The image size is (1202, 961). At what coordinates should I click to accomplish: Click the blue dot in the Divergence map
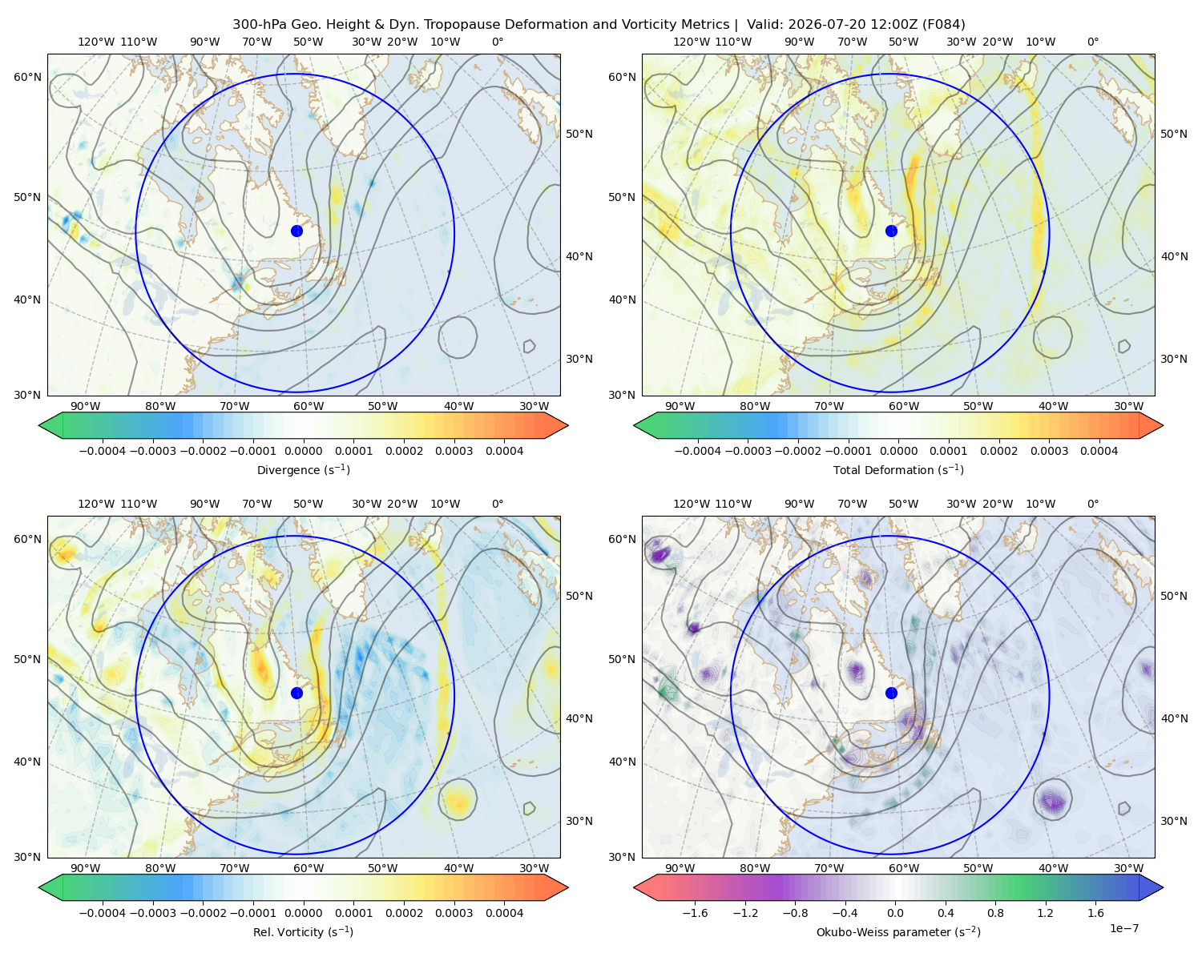point(296,231)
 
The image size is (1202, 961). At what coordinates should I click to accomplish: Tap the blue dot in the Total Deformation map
point(891,231)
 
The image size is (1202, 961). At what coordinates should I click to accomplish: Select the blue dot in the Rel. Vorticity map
point(296,693)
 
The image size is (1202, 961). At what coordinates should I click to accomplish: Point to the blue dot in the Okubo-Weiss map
point(891,693)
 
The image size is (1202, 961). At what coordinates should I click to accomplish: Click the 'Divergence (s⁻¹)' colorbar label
point(303,470)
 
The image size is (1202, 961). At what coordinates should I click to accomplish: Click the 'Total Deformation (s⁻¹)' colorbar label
point(898,470)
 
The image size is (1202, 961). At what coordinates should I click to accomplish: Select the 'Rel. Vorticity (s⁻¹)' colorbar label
point(303,932)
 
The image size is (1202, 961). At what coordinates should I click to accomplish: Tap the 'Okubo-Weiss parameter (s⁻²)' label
point(898,932)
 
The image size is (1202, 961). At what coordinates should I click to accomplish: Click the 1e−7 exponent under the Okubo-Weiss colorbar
point(1123,928)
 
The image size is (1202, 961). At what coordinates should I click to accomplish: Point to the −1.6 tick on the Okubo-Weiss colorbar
point(696,913)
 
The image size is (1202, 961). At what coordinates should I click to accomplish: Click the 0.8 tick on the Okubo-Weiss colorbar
point(995,913)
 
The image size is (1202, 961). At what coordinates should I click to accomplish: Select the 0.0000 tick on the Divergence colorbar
point(303,451)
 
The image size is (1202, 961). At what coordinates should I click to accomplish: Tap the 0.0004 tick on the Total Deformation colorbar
point(1099,451)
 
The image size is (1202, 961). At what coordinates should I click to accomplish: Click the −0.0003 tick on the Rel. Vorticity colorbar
point(152,913)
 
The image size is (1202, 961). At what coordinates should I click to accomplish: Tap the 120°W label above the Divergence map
point(96,42)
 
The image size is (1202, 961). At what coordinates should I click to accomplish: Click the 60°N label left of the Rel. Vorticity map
point(27,540)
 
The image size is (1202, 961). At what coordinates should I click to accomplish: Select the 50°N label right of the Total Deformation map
point(1174,134)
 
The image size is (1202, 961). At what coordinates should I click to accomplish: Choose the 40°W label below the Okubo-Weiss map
point(1054,868)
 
